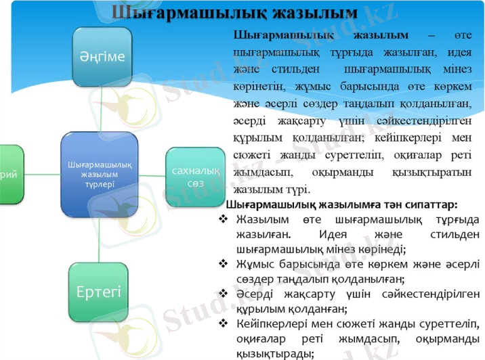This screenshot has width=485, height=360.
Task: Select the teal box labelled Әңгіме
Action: click(x=102, y=56)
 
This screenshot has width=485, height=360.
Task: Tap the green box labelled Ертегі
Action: click(x=99, y=292)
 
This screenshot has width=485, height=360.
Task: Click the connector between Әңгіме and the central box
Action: click(x=101, y=110)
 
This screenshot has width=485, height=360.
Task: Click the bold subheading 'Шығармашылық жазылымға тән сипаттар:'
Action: click(x=341, y=204)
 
